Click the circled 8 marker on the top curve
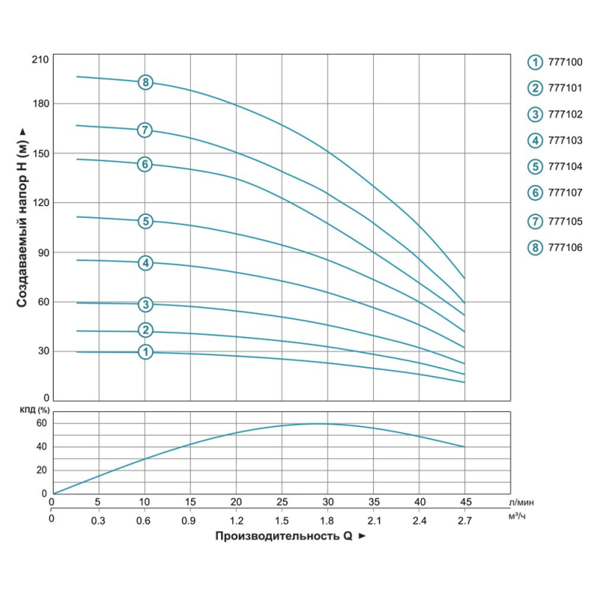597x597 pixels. (x=146, y=82)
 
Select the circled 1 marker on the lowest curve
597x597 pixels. (x=146, y=351)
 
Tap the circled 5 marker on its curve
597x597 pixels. (x=146, y=221)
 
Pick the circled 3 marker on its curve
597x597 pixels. (x=146, y=304)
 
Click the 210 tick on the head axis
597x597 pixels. (x=40, y=59)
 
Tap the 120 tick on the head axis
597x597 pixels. (x=40, y=203)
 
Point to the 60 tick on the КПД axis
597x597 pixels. (x=42, y=423)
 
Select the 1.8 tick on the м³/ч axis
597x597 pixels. (x=328, y=519)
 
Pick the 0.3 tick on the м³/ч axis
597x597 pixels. (x=99, y=519)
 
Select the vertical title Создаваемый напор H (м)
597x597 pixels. (x=22, y=216)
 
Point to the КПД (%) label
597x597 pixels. (x=33, y=410)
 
